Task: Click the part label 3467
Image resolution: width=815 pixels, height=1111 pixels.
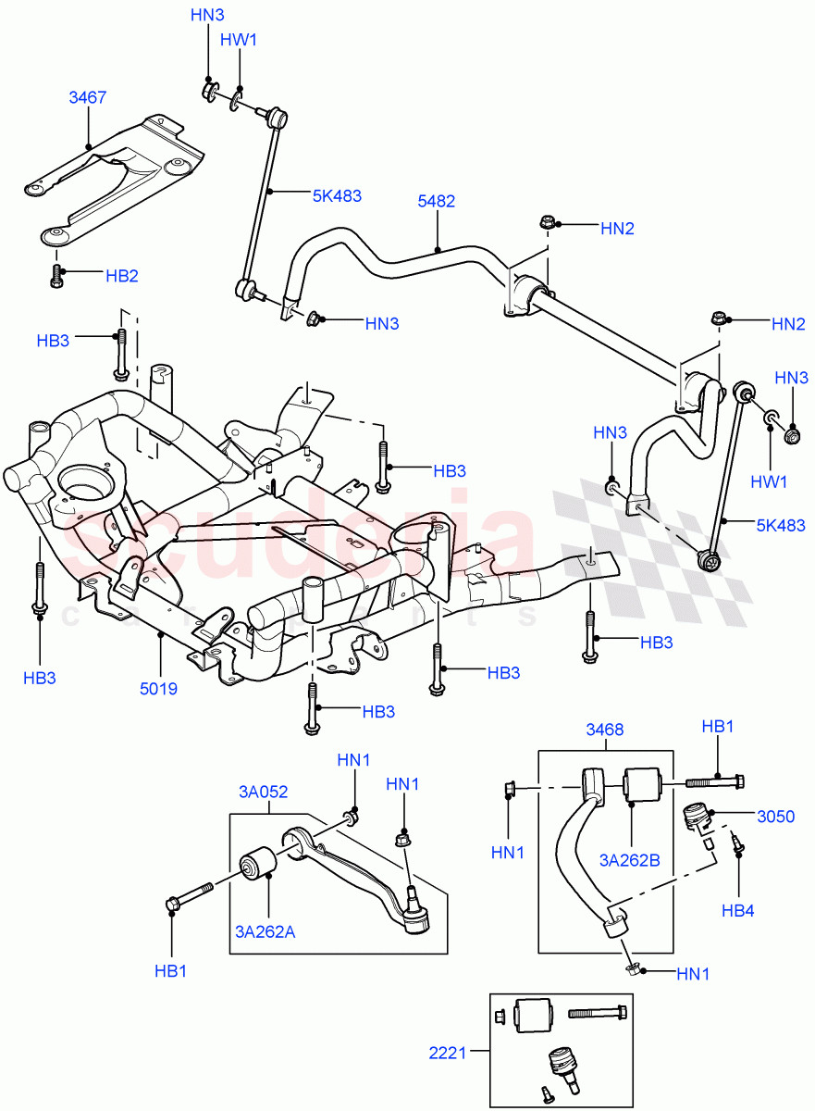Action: pos(88,96)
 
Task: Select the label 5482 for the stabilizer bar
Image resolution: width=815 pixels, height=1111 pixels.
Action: pos(437,201)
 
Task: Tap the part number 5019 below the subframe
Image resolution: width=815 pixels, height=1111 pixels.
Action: pos(159,688)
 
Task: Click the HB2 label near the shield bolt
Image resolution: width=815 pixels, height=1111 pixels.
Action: pos(120,275)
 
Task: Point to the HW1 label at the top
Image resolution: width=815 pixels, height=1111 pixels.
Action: pos(239,40)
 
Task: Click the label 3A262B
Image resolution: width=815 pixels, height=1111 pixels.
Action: pos(629,860)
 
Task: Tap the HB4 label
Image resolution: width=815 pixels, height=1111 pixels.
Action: pos(738,910)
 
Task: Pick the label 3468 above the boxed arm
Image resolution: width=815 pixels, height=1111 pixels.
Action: pos(604,729)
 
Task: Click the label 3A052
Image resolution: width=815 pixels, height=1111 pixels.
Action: pos(264,792)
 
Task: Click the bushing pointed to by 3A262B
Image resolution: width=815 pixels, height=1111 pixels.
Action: pos(643,784)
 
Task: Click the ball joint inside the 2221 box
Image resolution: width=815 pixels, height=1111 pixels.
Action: pos(562,1061)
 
